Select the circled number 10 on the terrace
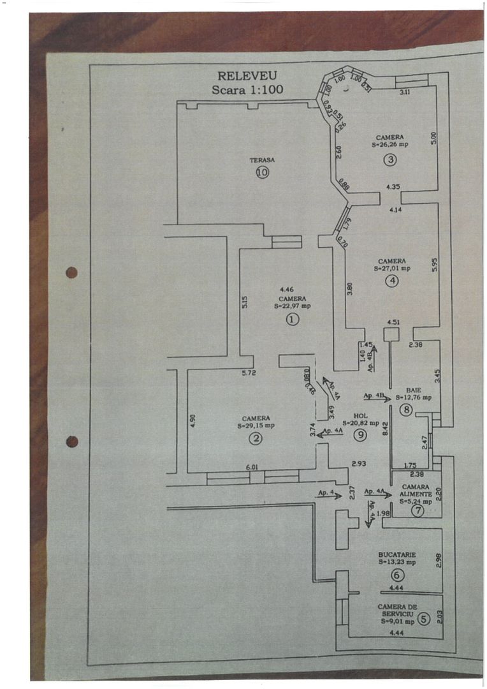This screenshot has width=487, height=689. [262, 172]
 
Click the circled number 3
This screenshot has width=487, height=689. [390, 160]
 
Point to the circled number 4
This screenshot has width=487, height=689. [392, 280]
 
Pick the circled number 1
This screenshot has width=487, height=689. [292, 320]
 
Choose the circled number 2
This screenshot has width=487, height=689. [255, 438]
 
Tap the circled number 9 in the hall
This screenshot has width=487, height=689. [361, 435]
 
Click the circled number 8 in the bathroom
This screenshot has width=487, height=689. [406, 410]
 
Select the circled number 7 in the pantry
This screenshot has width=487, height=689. [418, 510]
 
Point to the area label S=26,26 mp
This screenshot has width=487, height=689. [390, 145]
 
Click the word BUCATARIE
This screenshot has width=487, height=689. [396, 554]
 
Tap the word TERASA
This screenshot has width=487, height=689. [262, 160]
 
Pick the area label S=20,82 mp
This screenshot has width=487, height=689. [361, 422]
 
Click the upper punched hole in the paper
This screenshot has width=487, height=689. [71, 272]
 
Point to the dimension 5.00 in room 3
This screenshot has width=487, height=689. [433, 137]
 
